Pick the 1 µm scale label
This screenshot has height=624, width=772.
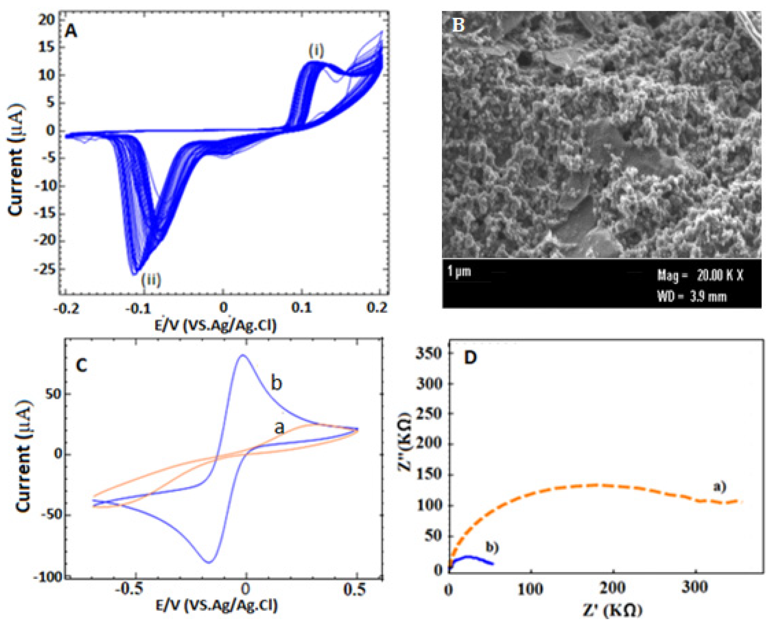(459, 271)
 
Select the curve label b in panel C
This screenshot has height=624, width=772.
(276, 383)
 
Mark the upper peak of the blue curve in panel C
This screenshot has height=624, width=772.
(243, 355)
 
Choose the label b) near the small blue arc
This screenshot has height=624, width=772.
(492, 548)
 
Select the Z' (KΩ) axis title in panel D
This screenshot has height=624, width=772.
(613, 610)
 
